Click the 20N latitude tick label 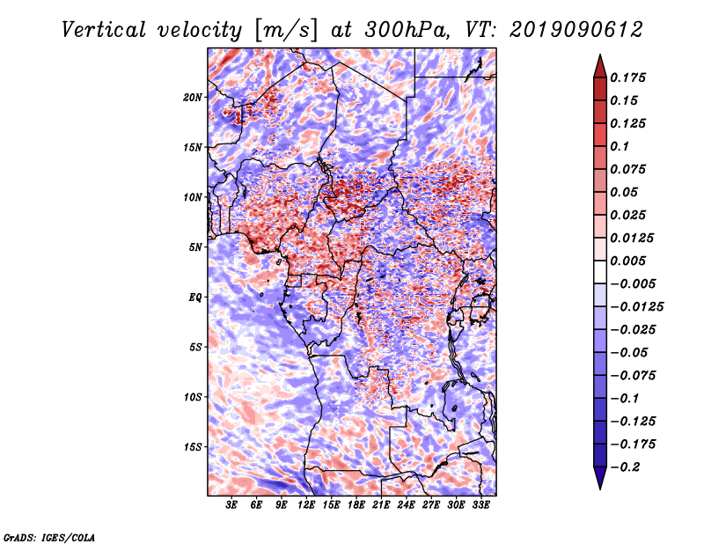click(x=193, y=97)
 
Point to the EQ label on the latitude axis click(x=195, y=297)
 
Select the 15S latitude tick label click(x=193, y=446)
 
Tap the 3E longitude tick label click(x=232, y=505)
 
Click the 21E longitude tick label click(x=382, y=505)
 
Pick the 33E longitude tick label click(x=481, y=505)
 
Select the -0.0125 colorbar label click(x=639, y=306)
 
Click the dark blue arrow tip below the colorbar click(x=598, y=482)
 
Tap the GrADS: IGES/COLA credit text click(x=49, y=536)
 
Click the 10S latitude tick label click(x=193, y=397)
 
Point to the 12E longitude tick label click(x=307, y=505)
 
